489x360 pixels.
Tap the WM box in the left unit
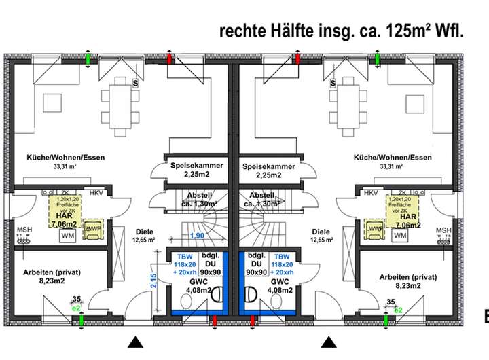click(x=68, y=236)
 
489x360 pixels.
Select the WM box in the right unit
click(x=400, y=236)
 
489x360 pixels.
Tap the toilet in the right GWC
click(x=253, y=295)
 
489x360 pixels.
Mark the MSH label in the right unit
click(x=443, y=230)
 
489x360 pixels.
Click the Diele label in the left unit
click(x=143, y=230)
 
